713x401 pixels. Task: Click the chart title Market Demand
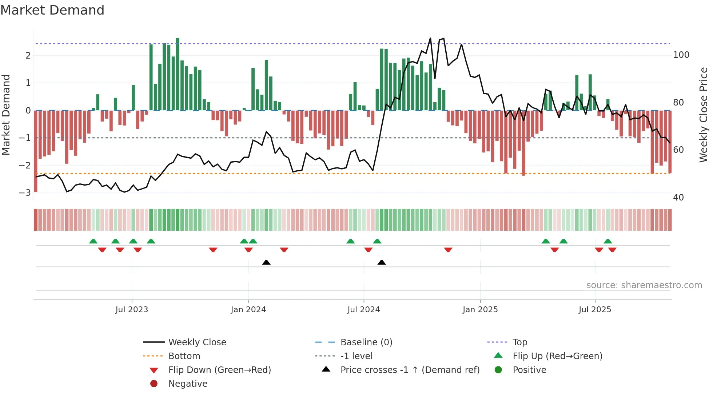[52, 10]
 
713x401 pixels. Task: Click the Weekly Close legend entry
[197, 342]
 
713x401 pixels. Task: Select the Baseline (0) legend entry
[366, 342]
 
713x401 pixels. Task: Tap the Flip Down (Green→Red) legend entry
[219, 370]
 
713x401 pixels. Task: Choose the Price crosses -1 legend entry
[410, 370]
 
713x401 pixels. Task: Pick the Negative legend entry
[188, 384]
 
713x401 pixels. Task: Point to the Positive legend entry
[529, 370]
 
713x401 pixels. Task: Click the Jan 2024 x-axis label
[248, 309]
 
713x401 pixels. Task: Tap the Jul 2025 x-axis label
[595, 309]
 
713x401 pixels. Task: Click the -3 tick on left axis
[25, 192]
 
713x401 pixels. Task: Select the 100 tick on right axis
[681, 55]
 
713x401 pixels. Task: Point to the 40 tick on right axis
[678, 197]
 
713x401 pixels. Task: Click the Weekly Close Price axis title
[704, 115]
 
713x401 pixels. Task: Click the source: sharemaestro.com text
[644, 285]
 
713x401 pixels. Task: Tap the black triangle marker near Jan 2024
[266, 262]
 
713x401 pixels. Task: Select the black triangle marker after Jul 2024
[382, 262]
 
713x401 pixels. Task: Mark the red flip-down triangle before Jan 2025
[448, 250]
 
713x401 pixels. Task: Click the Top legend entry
[519, 342]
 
